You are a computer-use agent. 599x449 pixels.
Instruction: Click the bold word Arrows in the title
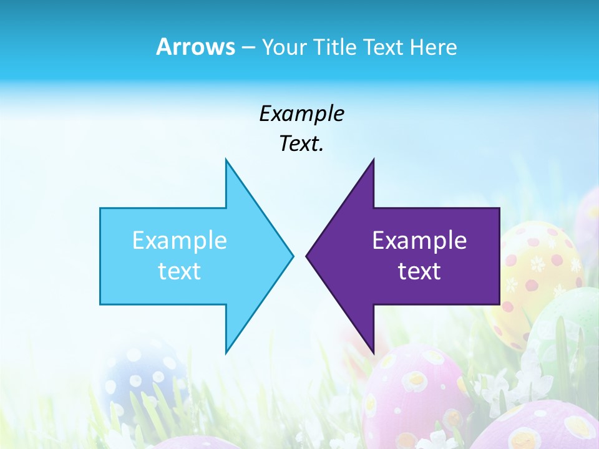pyautogui.click(x=195, y=47)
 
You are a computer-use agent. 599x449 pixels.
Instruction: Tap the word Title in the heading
pyautogui.click(x=334, y=47)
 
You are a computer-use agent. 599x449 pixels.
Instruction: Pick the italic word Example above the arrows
pyautogui.click(x=301, y=113)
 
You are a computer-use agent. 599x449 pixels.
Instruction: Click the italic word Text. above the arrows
pyautogui.click(x=301, y=143)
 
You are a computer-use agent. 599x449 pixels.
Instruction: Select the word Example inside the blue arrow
pyautogui.click(x=180, y=240)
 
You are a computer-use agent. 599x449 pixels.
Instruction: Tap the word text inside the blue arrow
pyautogui.click(x=180, y=271)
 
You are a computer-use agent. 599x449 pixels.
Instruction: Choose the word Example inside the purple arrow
pyautogui.click(x=419, y=240)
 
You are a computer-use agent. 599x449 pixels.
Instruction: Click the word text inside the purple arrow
pyautogui.click(x=419, y=271)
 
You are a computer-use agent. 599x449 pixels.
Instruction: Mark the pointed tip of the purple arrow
pyautogui.click(x=307, y=255)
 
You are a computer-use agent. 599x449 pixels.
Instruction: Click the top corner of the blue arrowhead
pyautogui.click(x=226, y=160)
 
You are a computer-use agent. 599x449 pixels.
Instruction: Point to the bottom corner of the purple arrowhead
pyautogui.click(x=373, y=352)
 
